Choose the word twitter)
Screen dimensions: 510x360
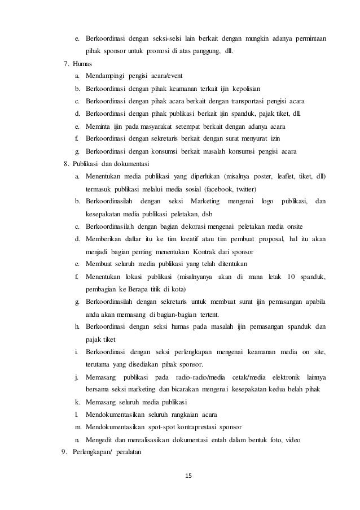(x=256, y=189)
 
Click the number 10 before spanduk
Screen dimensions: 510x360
(x=291, y=276)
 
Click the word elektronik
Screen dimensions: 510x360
(x=288, y=377)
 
